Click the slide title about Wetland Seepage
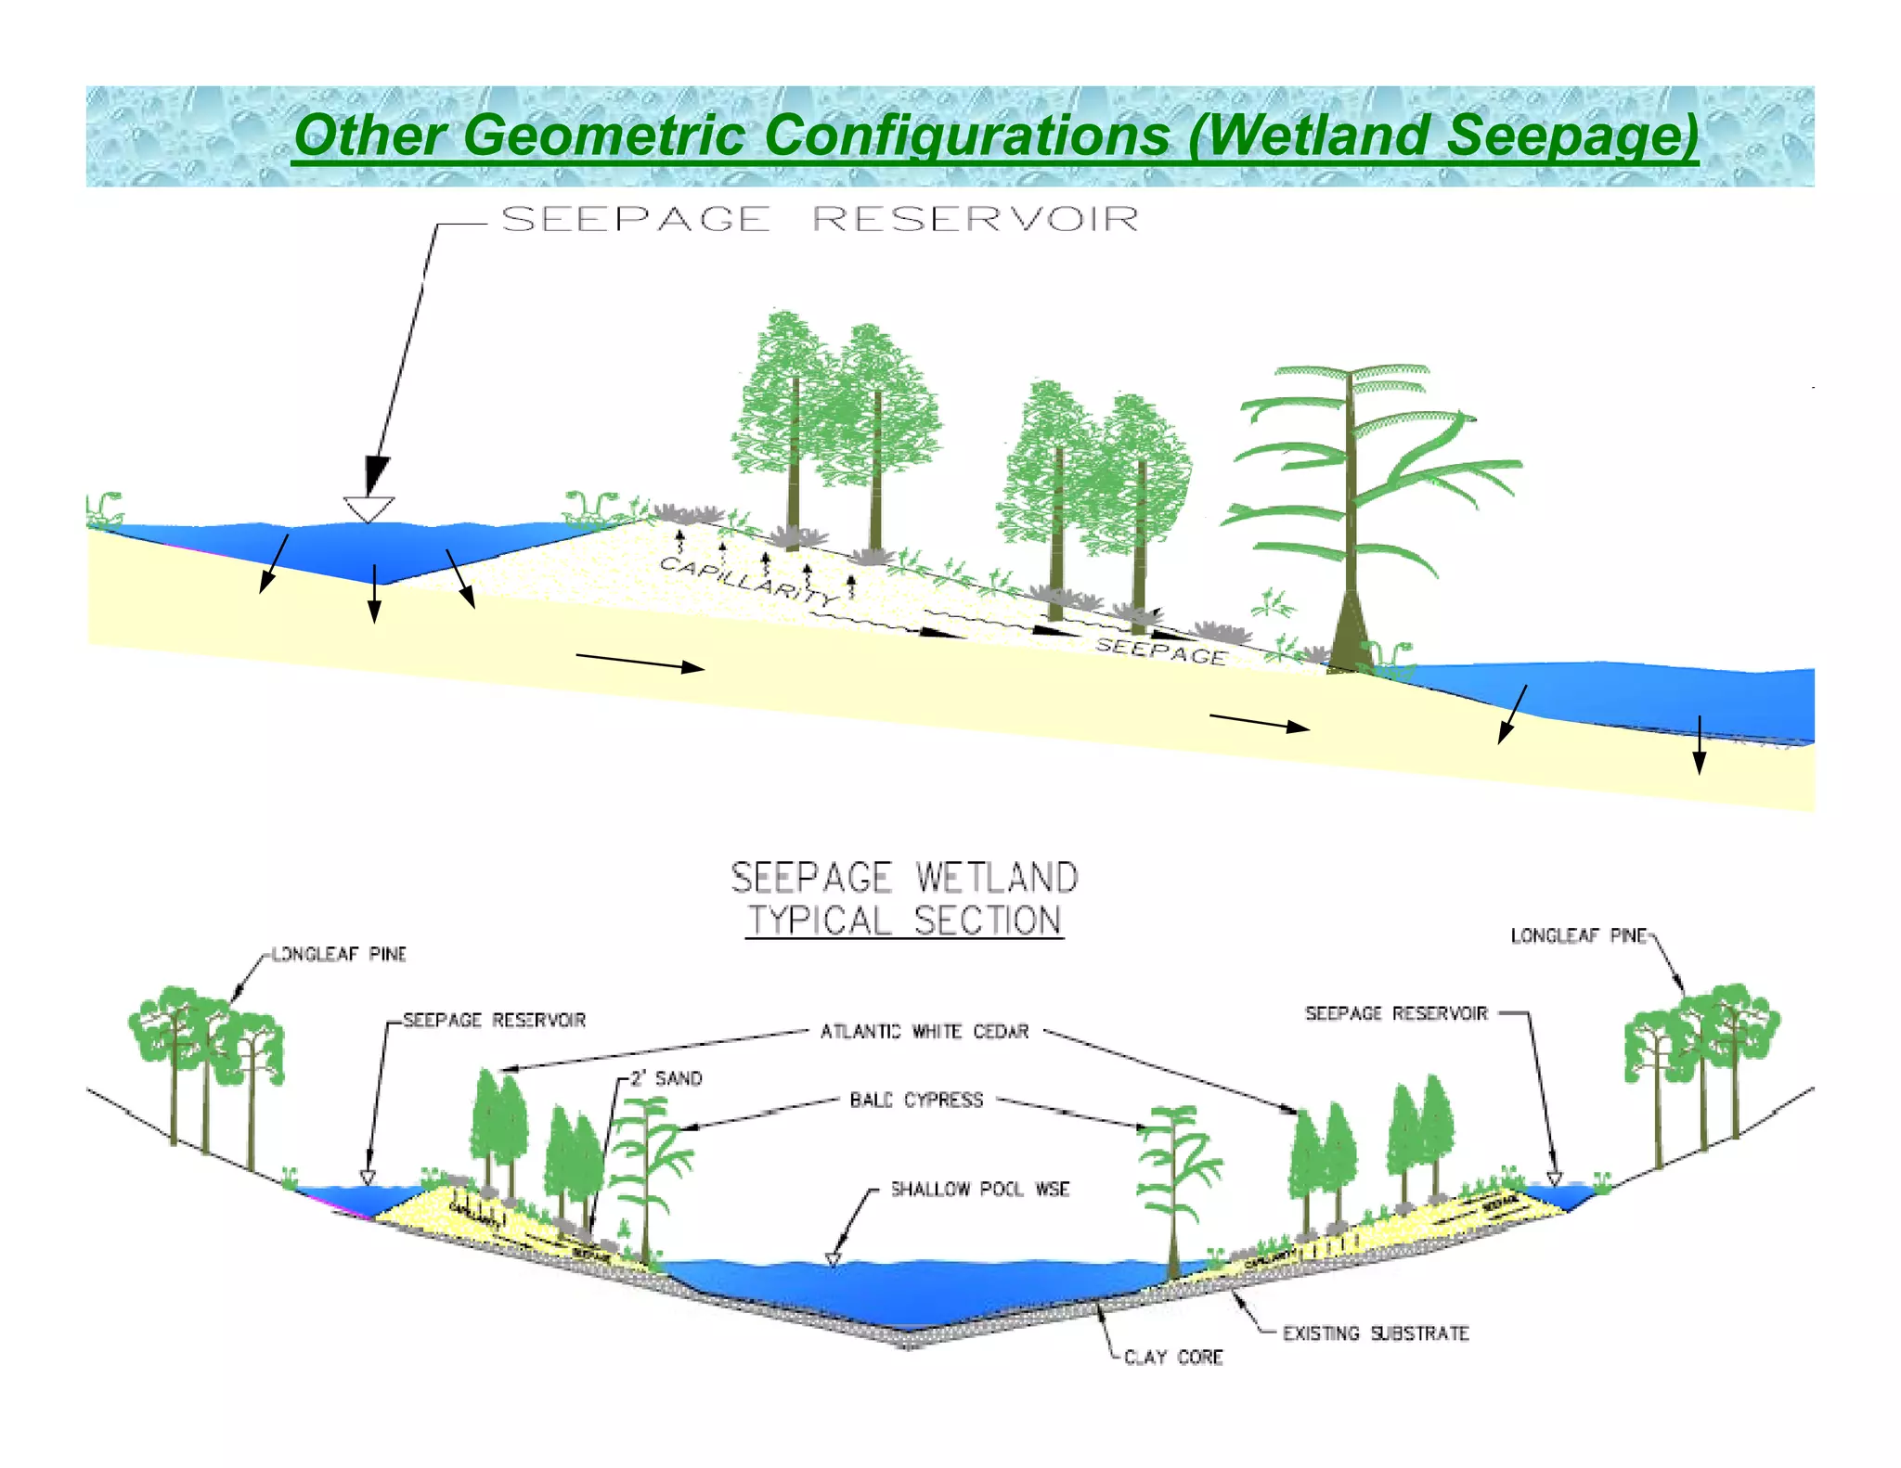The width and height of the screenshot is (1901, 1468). coord(995,135)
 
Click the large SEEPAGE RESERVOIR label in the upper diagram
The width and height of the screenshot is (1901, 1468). coord(820,219)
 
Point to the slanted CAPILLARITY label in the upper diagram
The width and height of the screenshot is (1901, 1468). coord(747,580)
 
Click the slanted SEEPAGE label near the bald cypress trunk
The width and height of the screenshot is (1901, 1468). coord(1161,650)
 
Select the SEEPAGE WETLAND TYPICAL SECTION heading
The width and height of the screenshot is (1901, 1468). coord(904,898)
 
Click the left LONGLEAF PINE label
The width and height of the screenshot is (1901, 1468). coord(339,954)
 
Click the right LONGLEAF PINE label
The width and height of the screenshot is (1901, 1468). coord(1578,935)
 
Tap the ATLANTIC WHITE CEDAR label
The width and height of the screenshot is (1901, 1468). coord(925,1031)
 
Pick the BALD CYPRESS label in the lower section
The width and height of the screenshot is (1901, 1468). coord(916,1100)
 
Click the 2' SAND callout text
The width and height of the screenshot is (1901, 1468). coord(666,1078)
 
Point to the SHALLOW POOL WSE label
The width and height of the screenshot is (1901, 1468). coord(980,1189)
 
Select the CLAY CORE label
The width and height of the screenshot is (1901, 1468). coord(1173,1357)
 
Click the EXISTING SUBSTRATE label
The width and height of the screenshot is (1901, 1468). coord(1376,1333)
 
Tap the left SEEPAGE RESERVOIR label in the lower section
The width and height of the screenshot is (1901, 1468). coord(495,1020)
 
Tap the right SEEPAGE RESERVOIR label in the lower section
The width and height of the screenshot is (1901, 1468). coord(1396,1013)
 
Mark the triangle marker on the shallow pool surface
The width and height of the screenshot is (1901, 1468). coord(833,1259)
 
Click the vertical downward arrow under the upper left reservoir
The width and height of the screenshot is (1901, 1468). coord(374,594)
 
